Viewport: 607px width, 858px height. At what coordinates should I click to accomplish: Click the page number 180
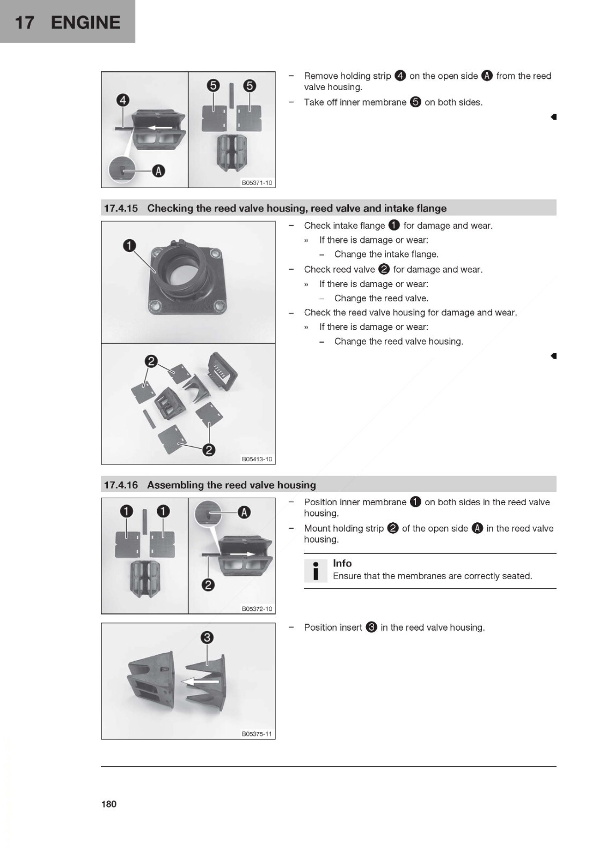point(108,803)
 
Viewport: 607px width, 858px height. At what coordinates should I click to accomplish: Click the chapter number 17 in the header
point(24,23)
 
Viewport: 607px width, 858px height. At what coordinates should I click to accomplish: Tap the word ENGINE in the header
point(86,23)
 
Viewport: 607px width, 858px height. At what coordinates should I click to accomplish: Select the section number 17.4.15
point(121,208)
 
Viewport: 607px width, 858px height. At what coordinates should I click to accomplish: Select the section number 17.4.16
point(121,485)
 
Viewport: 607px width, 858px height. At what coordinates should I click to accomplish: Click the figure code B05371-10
point(257,183)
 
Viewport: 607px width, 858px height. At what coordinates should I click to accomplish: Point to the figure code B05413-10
point(257,459)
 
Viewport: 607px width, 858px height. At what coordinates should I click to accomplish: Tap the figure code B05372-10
point(257,609)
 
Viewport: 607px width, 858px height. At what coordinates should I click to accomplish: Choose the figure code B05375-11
point(257,734)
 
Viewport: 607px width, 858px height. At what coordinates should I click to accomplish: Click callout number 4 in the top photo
point(123,100)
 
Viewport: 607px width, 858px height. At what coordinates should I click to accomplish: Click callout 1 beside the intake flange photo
point(129,246)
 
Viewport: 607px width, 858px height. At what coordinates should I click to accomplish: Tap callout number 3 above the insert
point(207,638)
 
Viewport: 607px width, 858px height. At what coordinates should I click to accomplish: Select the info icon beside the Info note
point(316,570)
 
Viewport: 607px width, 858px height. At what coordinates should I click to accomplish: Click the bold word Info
point(342,563)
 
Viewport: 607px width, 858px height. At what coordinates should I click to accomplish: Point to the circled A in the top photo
point(158,171)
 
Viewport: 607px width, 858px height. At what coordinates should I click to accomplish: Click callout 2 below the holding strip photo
point(208,585)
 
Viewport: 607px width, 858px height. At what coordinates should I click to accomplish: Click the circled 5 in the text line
point(415,102)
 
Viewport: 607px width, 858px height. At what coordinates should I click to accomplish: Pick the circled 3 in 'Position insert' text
point(371,627)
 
